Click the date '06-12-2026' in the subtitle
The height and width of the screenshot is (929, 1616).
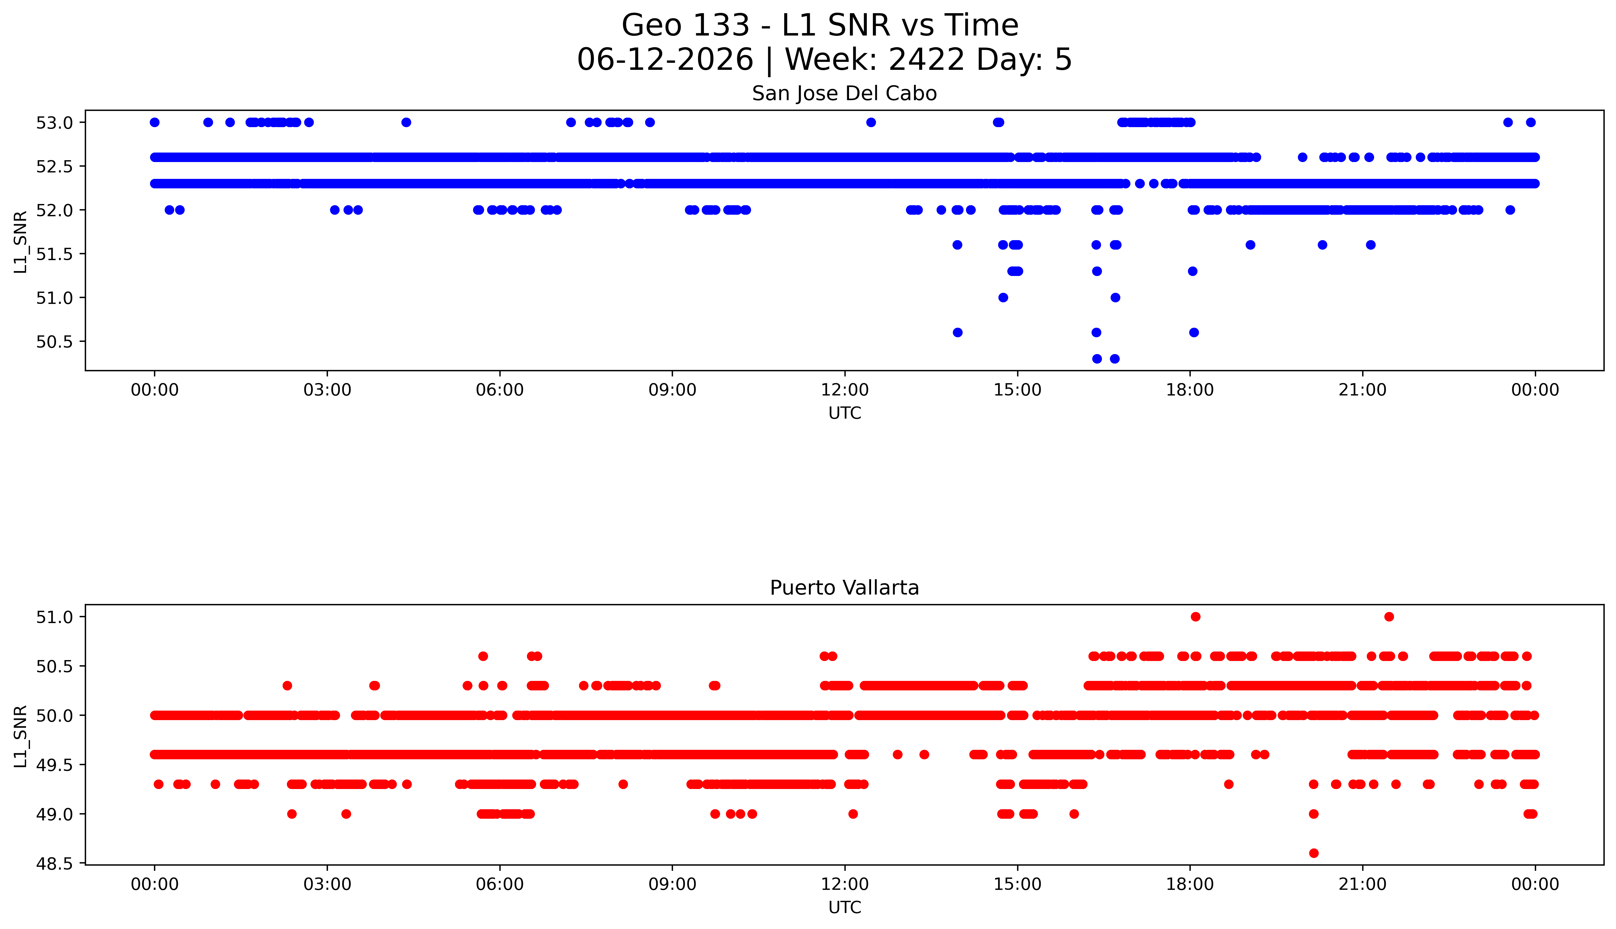(x=665, y=60)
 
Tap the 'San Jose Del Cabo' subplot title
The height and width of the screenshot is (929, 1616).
(x=844, y=94)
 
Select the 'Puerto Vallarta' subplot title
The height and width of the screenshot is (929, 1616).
(x=844, y=588)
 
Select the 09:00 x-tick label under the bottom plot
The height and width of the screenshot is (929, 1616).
(x=672, y=884)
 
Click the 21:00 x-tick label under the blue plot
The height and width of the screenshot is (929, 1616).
(x=1362, y=390)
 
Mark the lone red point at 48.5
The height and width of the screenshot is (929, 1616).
(x=1313, y=853)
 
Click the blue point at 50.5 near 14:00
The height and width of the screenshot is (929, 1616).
(x=957, y=332)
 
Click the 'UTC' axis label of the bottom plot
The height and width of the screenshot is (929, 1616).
(x=844, y=907)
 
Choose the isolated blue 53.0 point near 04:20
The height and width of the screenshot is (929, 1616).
(x=406, y=123)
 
